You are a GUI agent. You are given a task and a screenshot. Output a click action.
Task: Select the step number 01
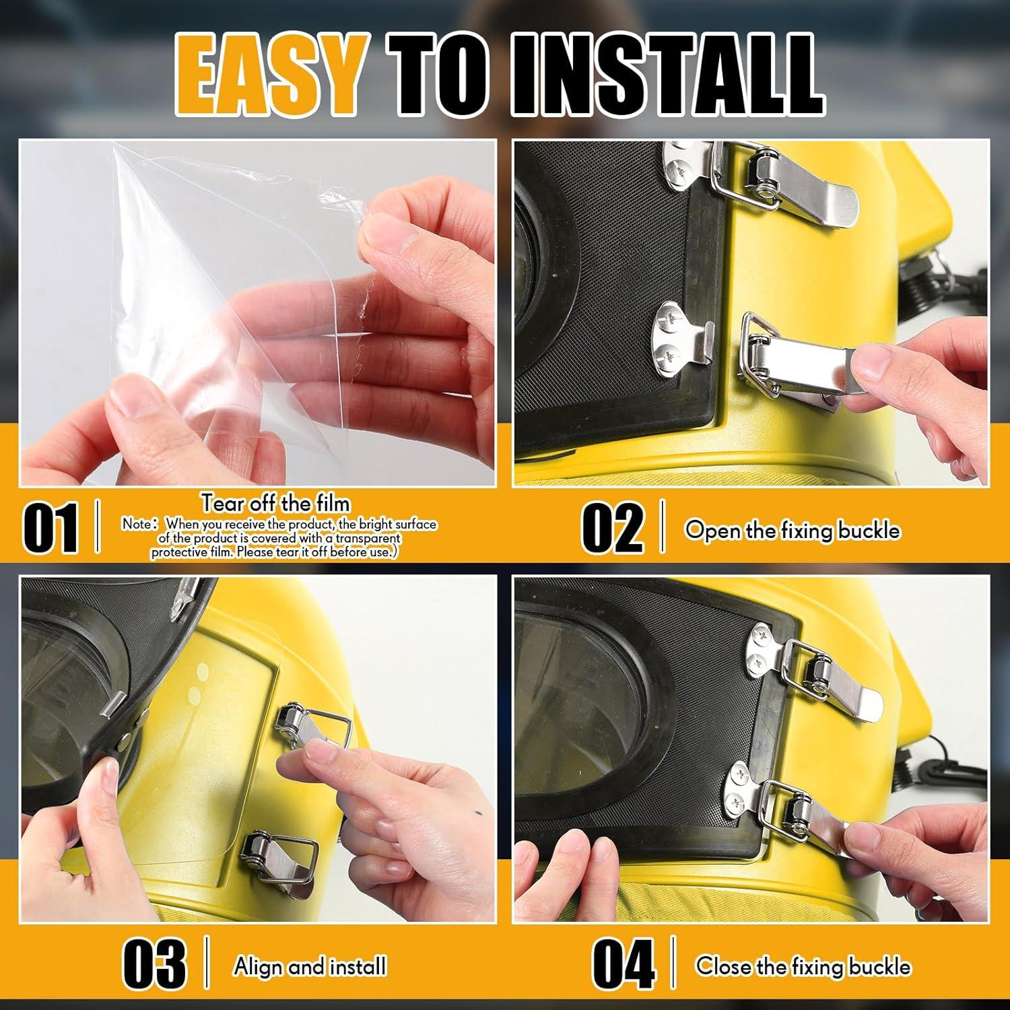pyautogui.click(x=51, y=527)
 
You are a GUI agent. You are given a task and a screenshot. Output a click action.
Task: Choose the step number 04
pyautogui.click(x=624, y=964)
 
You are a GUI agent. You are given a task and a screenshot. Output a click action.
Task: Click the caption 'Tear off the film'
pyautogui.click(x=275, y=503)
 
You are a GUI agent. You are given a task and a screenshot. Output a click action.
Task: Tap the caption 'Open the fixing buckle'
pyautogui.click(x=793, y=530)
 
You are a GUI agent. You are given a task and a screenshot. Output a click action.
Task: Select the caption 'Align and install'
pyautogui.click(x=310, y=966)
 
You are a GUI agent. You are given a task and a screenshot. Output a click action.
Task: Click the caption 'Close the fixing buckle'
pyautogui.click(x=803, y=966)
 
